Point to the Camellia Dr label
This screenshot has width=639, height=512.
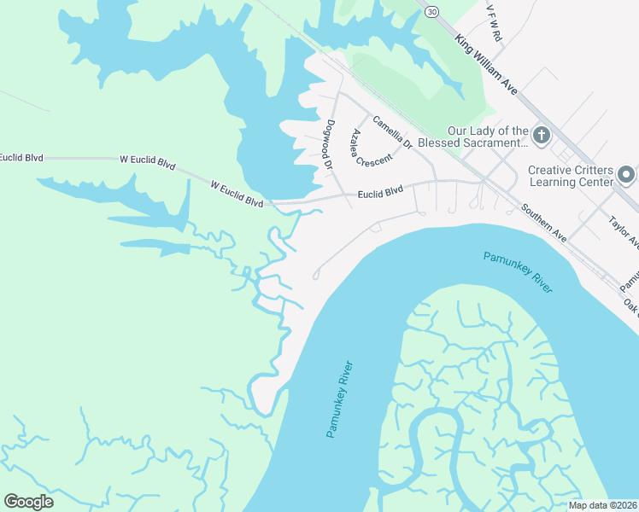pyautogui.click(x=392, y=132)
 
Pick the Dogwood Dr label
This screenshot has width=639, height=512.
pyautogui.click(x=327, y=143)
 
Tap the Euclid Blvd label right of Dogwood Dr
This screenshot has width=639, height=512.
pyautogui.click(x=380, y=193)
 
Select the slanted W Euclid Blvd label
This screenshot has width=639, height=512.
pyautogui.click(x=237, y=194)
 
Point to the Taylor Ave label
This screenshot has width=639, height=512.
pyautogui.click(x=624, y=231)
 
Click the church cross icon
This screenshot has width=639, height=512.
pyautogui.click(x=541, y=135)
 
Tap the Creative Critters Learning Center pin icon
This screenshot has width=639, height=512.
pyautogui.click(x=626, y=175)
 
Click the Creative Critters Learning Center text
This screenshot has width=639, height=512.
pyautogui.click(x=572, y=176)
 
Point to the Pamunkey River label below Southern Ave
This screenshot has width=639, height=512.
pyautogui.click(x=518, y=271)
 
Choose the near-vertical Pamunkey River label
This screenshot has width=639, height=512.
pyautogui.click(x=339, y=399)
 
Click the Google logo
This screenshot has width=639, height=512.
pyautogui.click(x=28, y=502)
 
